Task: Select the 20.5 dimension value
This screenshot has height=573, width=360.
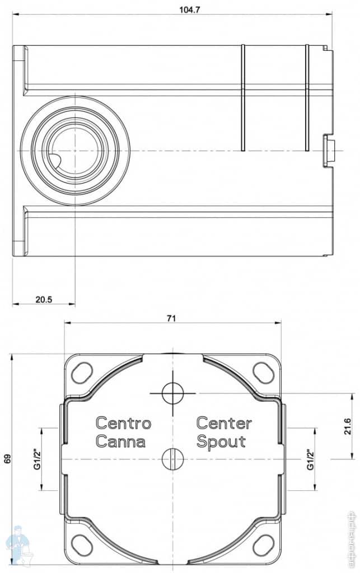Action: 44,299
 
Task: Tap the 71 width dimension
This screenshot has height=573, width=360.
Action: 171,318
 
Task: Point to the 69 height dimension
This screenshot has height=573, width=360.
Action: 8,459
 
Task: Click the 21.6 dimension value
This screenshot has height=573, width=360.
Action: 348,426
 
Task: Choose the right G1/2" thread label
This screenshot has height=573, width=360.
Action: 310,459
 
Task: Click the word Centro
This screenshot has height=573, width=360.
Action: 123,422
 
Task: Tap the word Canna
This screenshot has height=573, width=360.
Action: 120,441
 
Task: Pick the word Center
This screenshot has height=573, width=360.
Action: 224,422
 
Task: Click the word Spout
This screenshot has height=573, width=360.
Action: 221,441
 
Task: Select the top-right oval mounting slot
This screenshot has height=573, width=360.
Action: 263,372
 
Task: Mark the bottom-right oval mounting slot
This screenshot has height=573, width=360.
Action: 263,545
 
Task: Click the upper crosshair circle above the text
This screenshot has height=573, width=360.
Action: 172,393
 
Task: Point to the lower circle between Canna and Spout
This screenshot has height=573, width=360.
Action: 172,459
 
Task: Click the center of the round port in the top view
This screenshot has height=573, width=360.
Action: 75,151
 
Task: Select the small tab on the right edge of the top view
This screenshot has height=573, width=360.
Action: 329,151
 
